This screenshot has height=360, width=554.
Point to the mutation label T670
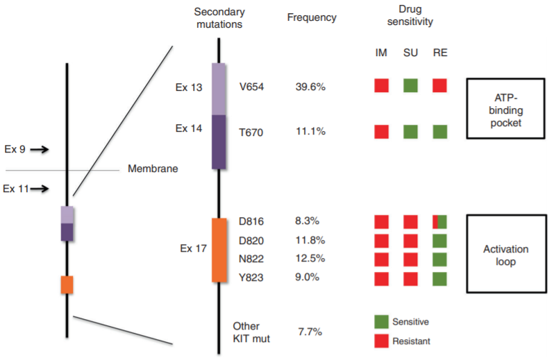(251, 131)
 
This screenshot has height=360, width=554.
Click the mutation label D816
(251, 222)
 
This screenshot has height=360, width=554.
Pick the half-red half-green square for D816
(439, 222)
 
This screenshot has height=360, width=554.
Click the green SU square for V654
(410, 86)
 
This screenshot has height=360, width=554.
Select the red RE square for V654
(439, 86)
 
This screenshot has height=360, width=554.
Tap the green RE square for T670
(439, 131)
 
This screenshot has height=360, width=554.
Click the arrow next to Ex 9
(40, 149)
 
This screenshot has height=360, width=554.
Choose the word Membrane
(153, 169)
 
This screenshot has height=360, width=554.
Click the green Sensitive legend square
(381, 322)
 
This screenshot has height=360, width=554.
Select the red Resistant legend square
(381, 341)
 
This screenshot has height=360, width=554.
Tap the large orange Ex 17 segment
(219, 250)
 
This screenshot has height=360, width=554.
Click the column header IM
(381, 53)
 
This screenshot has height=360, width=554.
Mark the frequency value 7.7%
(310, 332)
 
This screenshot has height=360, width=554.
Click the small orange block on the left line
(67, 284)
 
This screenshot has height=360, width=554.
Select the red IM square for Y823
(381, 279)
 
